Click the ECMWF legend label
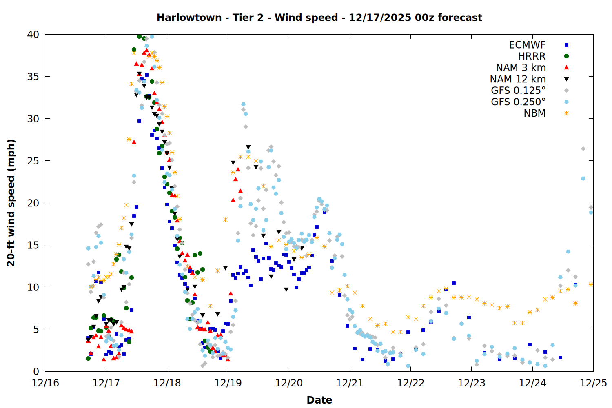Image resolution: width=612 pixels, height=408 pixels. pyautogui.click(x=527, y=45)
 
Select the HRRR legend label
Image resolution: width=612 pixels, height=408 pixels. pyautogui.click(x=532, y=56)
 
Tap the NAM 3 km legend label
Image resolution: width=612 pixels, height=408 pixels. pyautogui.click(x=521, y=68)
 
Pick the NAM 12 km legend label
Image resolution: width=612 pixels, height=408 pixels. pyautogui.click(x=518, y=79)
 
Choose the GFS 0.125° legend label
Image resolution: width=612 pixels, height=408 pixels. pyautogui.click(x=518, y=91)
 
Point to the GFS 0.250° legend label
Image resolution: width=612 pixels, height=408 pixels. pyautogui.click(x=518, y=102)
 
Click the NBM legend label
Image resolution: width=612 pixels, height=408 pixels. pyautogui.click(x=534, y=113)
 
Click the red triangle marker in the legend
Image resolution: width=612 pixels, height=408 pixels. pyautogui.click(x=566, y=67)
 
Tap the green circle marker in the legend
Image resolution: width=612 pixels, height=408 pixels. pyautogui.click(x=566, y=56)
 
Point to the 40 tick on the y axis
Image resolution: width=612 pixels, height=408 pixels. pyautogui.click(x=33, y=35)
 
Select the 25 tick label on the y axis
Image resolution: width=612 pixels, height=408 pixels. pyautogui.click(x=33, y=161)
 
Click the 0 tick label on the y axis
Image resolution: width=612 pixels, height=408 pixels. pyautogui.click(x=36, y=371)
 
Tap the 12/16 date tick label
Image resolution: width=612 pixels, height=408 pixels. pyautogui.click(x=45, y=384)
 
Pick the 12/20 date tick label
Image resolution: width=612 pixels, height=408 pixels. pyautogui.click(x=289, y=384)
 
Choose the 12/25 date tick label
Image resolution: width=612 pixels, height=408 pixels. pyautogui.click(x=593, y=384)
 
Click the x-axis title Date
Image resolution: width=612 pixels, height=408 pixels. pyautogui.click(x=319, y=400)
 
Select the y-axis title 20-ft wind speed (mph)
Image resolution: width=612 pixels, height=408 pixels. pyautogui.click(x=11, y=203)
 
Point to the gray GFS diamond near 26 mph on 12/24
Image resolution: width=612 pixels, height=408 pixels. pyautogui.click(x=583, y=149)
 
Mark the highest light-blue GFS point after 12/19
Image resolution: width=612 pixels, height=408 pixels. pyautogui.click(x=243, y=104)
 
